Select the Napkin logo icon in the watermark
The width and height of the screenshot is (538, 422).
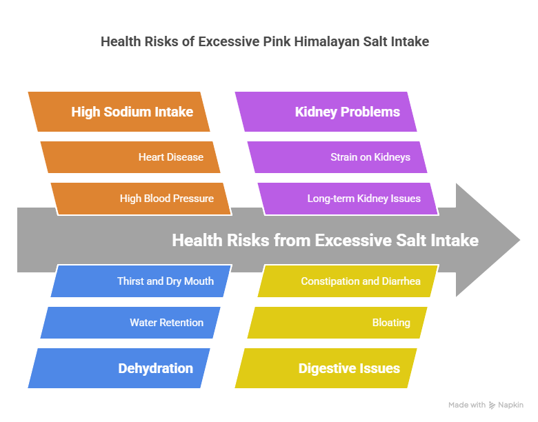pos(492,405)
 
